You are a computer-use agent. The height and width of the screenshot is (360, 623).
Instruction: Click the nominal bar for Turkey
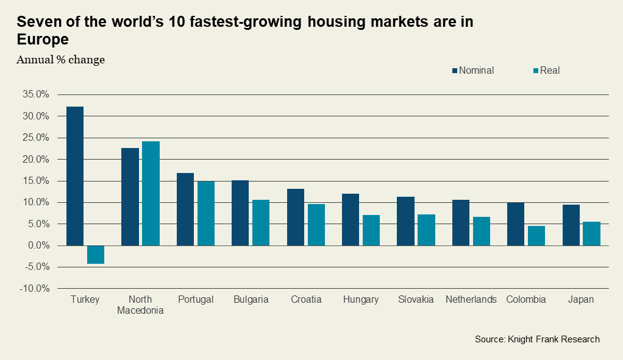[75, 176]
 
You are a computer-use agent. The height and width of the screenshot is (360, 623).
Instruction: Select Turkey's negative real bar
[96, 255]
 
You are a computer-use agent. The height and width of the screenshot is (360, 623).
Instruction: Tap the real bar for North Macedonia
[151, 194]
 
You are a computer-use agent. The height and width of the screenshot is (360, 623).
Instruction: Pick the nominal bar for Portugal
[185, 210]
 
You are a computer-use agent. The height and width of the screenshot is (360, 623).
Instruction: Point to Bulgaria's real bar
[261, 222]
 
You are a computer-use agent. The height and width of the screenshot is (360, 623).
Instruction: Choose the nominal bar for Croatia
[296, 217]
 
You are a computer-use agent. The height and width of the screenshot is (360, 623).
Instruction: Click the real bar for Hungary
[371, 230]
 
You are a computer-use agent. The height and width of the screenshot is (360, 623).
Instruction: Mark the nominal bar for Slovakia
[405, 221]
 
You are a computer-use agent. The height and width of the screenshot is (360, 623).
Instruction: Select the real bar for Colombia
[536, 236]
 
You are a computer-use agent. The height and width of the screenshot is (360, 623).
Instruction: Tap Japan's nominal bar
[571, 225]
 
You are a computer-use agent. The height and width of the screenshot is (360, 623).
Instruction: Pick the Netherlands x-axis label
[471, 300]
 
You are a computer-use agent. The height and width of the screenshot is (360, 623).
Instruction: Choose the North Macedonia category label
[140, 305]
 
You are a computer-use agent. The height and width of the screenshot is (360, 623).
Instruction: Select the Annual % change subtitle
[60, 60]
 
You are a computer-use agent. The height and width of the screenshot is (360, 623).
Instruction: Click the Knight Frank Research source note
[537, 339]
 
